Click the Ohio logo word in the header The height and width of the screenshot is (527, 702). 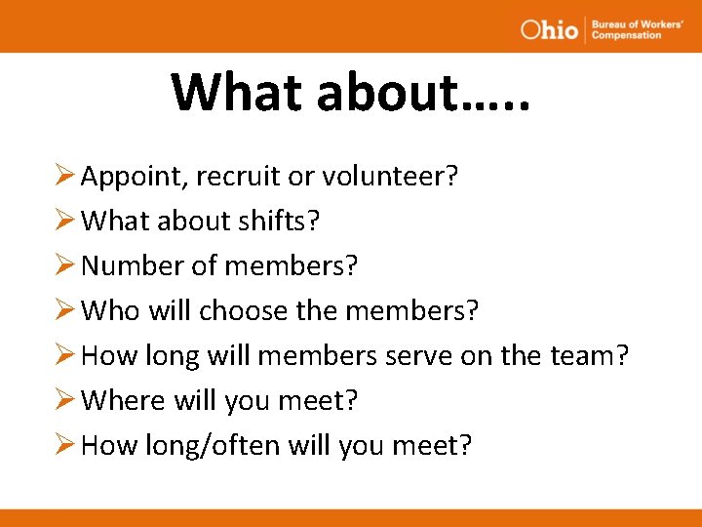pos(549,28)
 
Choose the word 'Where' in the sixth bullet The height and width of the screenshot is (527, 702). pos(124,401)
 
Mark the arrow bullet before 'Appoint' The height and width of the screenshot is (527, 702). pos(66,177)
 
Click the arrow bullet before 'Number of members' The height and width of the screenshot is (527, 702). pos(66,266)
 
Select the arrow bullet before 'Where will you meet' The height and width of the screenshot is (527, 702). pos(66,401)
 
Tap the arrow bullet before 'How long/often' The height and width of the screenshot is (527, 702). pos(66,446)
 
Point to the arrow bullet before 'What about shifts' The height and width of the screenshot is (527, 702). pos(66,222)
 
